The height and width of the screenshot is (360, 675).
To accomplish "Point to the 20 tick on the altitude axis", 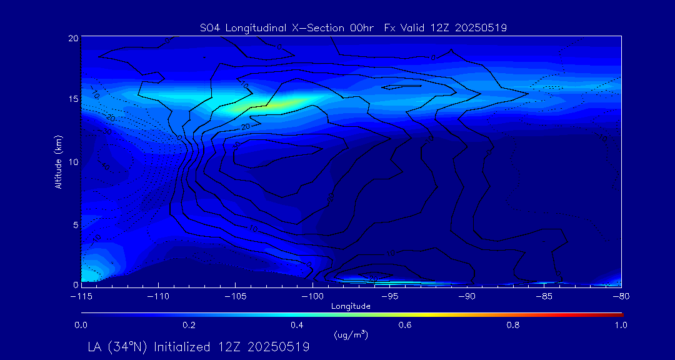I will [73, 38].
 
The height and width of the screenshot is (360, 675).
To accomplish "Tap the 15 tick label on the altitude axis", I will [73, 100].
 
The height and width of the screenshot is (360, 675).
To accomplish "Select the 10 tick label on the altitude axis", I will [73, 162].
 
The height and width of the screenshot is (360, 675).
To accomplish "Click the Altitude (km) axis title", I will [58, 162].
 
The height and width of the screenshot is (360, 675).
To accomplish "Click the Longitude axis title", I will [351, 306].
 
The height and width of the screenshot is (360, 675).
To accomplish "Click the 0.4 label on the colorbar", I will [297, 325].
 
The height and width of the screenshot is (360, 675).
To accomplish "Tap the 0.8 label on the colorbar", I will [513, 325].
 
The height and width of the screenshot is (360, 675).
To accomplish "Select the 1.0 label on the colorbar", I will [621, 325].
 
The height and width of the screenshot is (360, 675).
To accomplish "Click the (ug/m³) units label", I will [351, 335].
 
